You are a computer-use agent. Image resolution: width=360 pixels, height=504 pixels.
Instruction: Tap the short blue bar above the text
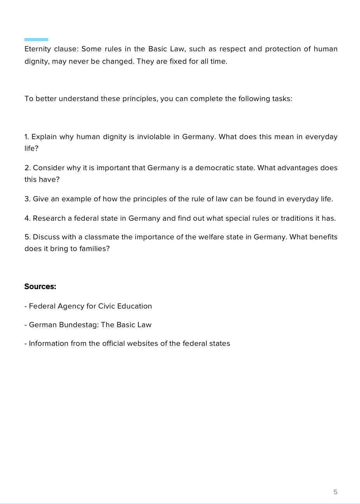pos(36,40)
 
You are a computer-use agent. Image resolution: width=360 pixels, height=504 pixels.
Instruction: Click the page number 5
pos(336,492)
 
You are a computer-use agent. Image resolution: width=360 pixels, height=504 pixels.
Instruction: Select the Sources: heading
pos(40,287)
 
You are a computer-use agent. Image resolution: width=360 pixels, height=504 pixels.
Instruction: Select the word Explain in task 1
pos(44,137)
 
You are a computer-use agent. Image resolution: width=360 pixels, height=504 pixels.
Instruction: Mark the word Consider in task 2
pos(49,168)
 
